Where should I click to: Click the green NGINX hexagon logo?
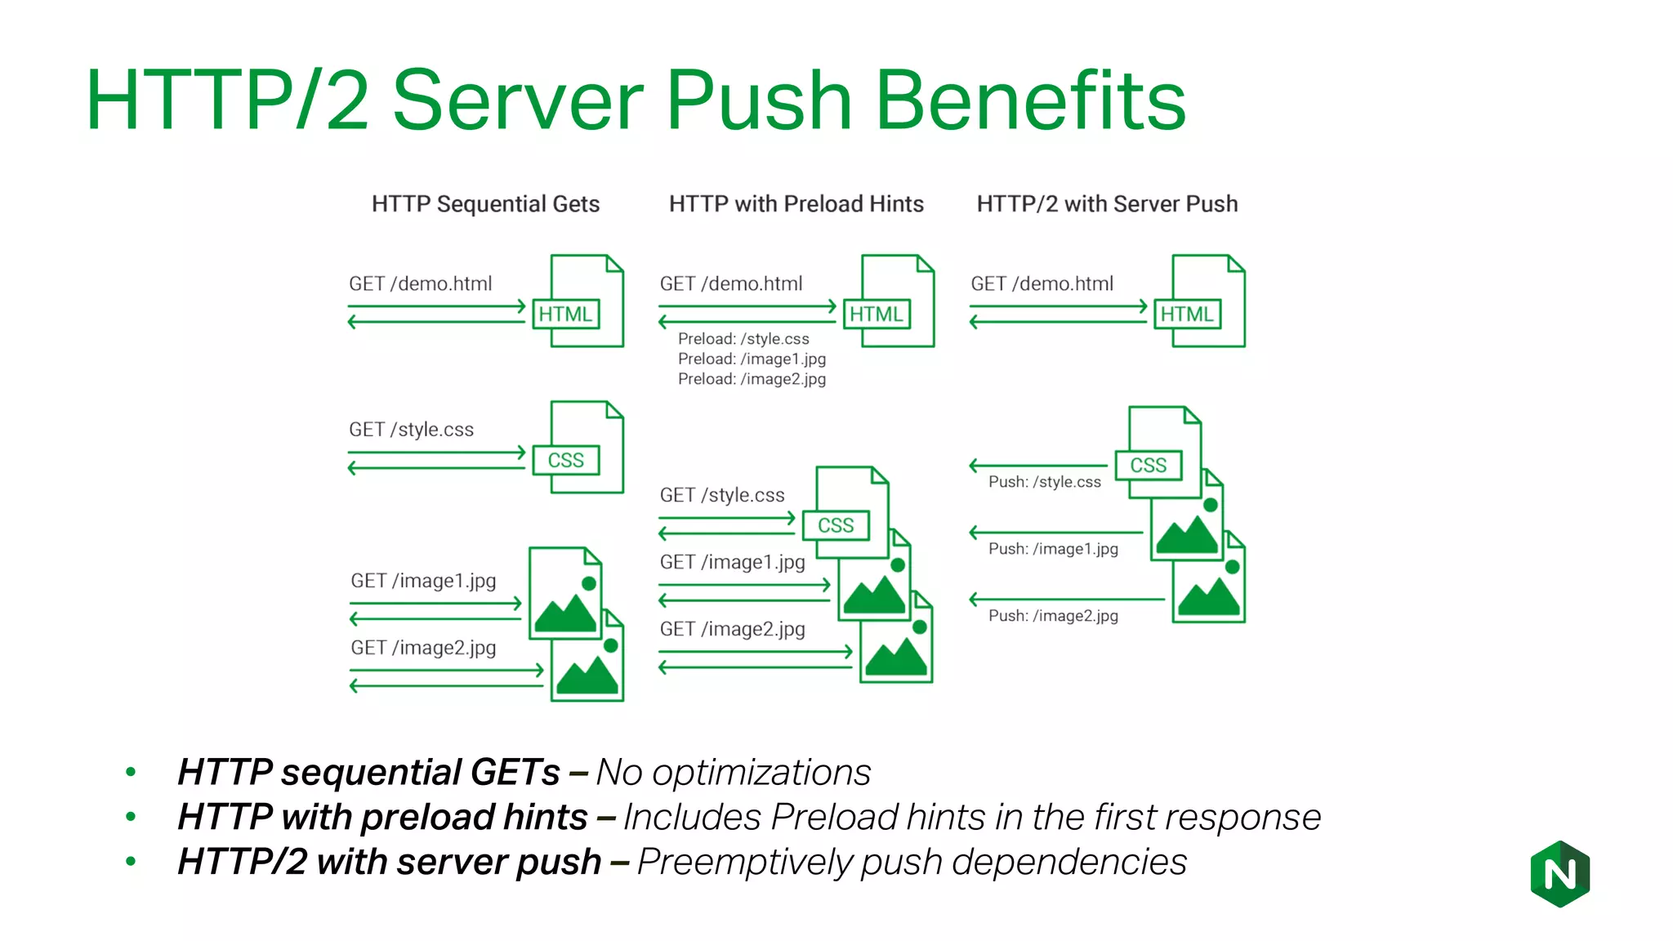click(x=1559, y=874)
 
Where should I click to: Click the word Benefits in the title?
click(x=1030, y=100)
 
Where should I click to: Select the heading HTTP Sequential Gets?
click(x=485, y=203)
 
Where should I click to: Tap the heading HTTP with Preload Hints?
click(x=796, y=203)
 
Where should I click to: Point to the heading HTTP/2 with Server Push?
click(x=1107, y=203)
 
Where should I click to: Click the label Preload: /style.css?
click(x=743, y=339)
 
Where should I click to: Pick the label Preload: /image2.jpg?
click(x=752, y=379)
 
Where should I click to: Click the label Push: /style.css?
click(x=1044, y=482)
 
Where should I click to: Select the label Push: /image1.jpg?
click(x=1053, y=549)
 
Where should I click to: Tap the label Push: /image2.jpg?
click(x=1053, y=616)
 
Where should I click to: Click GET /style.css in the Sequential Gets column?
click(x=411, y=430)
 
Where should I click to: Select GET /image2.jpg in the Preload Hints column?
click(x=732, y=629)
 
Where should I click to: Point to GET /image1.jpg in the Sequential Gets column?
click(x=423, y=581)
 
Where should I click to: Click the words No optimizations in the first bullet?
click(x=733, y=773)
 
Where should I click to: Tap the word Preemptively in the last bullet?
click(x=743, y=863)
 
